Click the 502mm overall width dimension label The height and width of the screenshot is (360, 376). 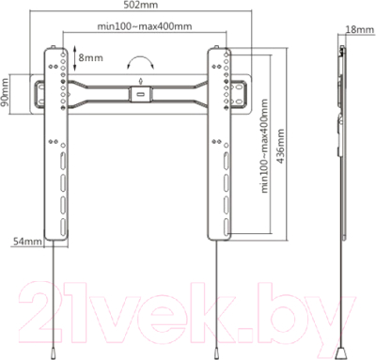point(142,7)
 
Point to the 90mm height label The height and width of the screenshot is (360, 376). point(7,94)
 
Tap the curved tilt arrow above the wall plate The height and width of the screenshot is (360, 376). point(142,61)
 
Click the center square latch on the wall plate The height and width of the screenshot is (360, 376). point(142,93)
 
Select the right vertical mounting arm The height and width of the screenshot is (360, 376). point(227,141)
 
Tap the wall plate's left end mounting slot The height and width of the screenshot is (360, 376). point(39,93)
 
